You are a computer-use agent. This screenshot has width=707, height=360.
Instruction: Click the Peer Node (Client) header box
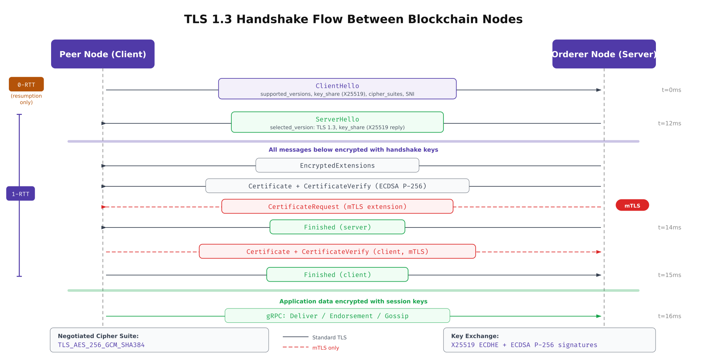[x=103, y=54]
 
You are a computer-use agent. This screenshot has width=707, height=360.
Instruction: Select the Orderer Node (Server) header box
[x=604, y=54]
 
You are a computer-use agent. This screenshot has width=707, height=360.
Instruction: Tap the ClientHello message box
[x=337, y=89]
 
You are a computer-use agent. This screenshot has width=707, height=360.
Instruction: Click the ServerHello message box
[x=337, y=122]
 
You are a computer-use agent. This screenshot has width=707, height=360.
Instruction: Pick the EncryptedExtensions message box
[x=337, y=165]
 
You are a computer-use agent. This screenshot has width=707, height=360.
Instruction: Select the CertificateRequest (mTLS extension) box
[x=337, y=206]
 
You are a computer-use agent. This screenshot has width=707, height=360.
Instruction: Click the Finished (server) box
[x=337, y=227]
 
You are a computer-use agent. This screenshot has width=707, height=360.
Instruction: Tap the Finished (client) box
[x=337, y=275]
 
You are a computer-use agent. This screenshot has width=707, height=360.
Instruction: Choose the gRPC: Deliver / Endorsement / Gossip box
[x=337, y=316]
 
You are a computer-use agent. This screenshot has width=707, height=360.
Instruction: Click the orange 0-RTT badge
[x=26, y=85]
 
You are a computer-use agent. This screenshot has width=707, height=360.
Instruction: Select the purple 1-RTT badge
[x=20, y=194]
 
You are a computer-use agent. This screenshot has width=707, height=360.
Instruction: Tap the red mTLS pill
[x=632, y=205]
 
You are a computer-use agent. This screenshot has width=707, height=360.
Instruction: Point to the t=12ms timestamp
[x=669, y=123]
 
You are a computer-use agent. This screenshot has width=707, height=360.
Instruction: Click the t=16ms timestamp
[x=669, y=316]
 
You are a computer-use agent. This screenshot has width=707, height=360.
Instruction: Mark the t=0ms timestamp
[x=671, y=90]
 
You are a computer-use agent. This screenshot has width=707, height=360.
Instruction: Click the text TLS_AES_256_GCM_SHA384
[x=101, y=345]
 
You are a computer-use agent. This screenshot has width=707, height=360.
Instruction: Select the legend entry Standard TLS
[x=329, y=337]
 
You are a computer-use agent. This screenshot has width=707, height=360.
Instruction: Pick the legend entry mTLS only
[x=325, y=348]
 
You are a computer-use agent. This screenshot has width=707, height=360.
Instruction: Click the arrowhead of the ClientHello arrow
[x=599, y=90]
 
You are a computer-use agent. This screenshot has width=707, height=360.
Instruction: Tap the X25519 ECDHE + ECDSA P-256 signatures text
[x=524, y=345]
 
